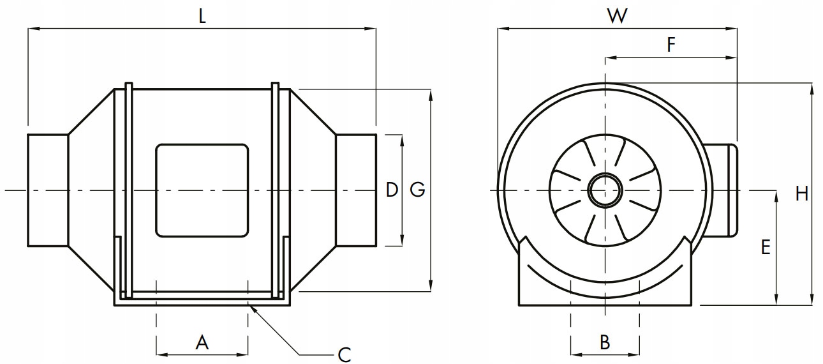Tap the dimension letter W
(x=616, y=16)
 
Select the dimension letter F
(x=671, y=45)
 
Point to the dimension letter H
(x=802, y=193)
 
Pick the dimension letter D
(x=392, y=190)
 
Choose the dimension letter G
(x=417, y=190)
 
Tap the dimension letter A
(x=202, y=343)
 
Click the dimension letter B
(x=605, y=343)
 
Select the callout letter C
(x=344, y=354)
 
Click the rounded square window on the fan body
(x=202, y=190)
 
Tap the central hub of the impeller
(x=604, y=190)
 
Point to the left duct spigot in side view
(x=47, y=190)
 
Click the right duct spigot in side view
(x=356, y=190)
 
